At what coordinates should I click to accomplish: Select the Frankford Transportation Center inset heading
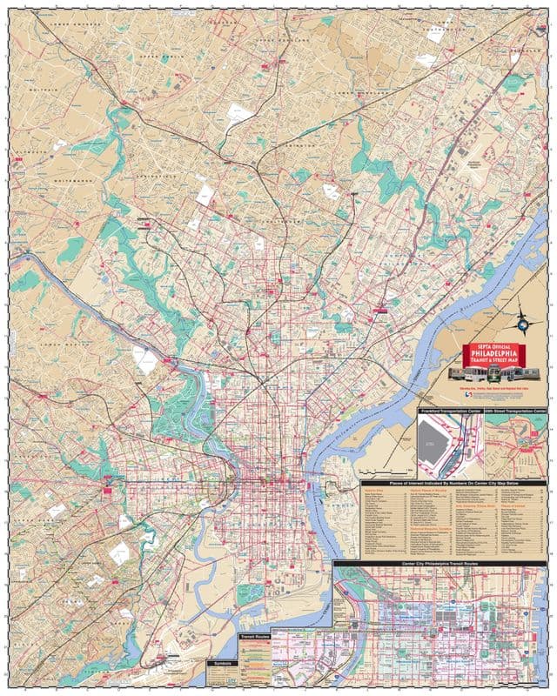point(449,408)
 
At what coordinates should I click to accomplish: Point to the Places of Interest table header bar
point(453,482)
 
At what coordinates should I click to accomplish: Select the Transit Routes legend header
point(254,637)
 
